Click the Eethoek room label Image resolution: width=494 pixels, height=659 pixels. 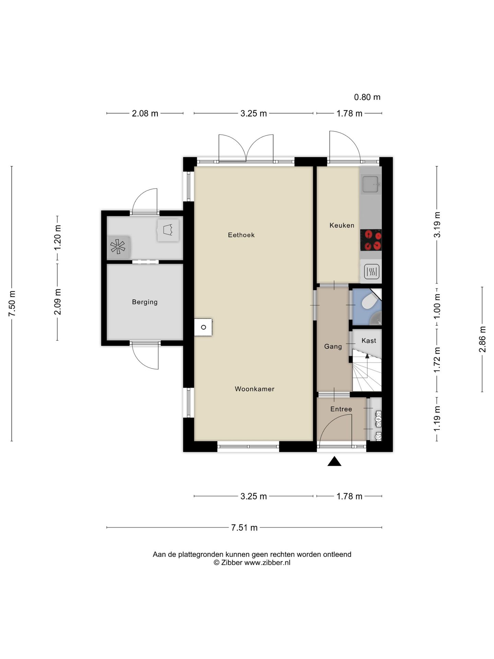241,235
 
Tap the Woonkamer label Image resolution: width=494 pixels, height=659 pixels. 255,389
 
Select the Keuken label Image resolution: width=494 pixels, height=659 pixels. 342,226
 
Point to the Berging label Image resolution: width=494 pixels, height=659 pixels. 145,302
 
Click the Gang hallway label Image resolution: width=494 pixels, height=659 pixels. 333,347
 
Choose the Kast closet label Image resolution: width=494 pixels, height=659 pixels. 369,340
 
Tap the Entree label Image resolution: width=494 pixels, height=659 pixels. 341,409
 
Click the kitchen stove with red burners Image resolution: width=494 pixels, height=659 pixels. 371,240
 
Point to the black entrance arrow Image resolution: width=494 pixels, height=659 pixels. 334,461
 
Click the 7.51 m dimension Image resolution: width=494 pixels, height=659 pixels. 244,528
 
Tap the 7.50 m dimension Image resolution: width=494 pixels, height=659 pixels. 12,304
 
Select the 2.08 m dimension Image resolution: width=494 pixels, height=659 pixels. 145,113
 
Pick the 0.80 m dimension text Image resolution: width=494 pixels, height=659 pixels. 367,97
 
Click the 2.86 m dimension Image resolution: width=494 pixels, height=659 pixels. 482,339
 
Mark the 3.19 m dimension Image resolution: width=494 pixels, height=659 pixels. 437,225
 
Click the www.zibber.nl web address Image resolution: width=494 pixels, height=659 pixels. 267,563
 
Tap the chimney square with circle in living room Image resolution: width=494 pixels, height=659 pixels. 203,327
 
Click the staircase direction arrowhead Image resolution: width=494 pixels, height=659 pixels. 367,356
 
